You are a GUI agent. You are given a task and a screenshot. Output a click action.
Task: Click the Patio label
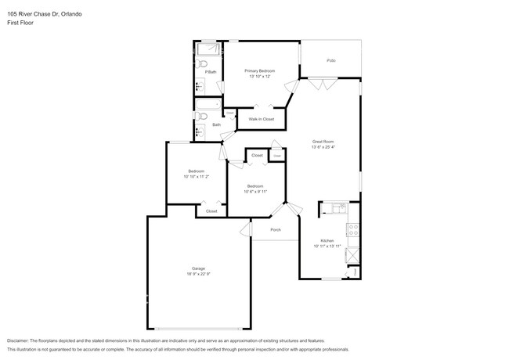pos(330,60)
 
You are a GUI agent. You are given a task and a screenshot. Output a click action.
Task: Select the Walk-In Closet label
pos(261,119)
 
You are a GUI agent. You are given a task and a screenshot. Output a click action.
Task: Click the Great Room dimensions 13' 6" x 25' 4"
pos(323,147)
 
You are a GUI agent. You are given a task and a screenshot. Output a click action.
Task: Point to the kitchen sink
pos(338,208)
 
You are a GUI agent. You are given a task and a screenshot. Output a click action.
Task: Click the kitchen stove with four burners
pos(352,231)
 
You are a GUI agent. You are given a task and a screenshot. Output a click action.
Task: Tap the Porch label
pos(276,229)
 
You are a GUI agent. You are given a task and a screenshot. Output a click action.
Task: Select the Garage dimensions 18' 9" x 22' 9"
pos(199,275)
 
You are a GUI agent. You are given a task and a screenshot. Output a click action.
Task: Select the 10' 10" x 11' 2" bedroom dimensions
pos(196,177)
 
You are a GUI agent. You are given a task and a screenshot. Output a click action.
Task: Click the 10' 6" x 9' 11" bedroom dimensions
pos(255,192)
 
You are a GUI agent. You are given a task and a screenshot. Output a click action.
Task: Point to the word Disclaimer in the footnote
pos(21,341)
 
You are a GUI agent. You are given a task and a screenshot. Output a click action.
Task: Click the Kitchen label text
pos(327,240)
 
